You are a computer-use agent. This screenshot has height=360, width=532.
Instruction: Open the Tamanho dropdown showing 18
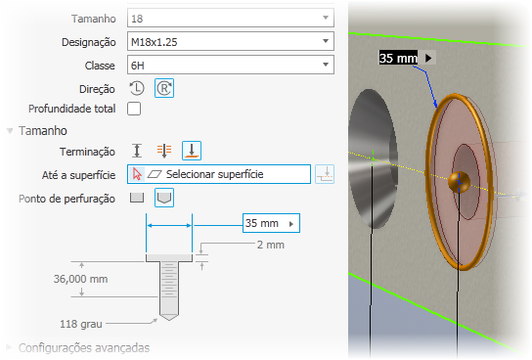coord(231,18)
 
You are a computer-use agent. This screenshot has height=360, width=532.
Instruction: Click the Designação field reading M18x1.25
coord(231,41)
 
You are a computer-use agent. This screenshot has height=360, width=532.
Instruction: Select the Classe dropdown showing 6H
coord(231,65)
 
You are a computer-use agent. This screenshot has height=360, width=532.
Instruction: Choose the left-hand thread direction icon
coord(137,88)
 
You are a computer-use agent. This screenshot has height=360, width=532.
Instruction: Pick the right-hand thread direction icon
coord(164,88)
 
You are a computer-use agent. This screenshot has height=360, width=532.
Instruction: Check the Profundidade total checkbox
coord(134,109)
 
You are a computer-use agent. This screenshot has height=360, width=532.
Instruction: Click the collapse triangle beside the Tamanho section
coord(10,131)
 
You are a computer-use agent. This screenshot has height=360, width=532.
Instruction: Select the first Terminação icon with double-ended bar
coord(137,151)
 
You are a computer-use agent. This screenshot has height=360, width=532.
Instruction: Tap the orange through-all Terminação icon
coord(164,151)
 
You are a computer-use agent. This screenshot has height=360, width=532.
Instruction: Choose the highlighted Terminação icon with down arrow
coord(192,151)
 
